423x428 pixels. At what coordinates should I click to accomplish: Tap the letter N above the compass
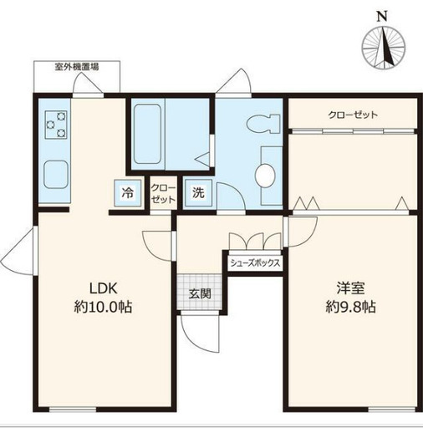[382, 15]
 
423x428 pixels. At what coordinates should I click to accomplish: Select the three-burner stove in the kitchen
[55, 127]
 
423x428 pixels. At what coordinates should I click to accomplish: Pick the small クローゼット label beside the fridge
[162, 195]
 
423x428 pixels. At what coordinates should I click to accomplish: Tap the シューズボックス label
[255, 262]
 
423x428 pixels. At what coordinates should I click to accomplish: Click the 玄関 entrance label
[199, 293]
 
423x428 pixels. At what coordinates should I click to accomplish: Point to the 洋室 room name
[349, 288]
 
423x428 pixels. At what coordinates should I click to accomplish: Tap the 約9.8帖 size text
[349, 307]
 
